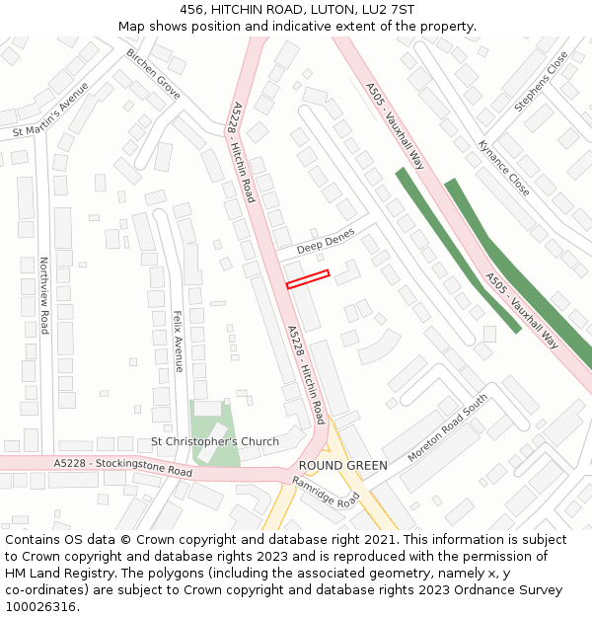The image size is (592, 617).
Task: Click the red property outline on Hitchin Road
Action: (x=307, y=279)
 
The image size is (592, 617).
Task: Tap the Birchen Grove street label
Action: (x=153, y=74)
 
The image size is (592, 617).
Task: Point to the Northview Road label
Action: (x=43, y=295)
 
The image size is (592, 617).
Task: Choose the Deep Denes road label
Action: (x=326, y=240)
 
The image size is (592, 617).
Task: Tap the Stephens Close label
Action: (x=542, y=81)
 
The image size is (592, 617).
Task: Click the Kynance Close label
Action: (x=503, y=167)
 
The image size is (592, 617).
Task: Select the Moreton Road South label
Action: (x=447, y=428)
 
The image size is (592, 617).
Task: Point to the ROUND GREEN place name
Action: (x=342, y=465)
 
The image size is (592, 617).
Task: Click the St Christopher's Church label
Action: (x=214, y=441)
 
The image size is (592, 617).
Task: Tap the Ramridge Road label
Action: (x=327, y=492)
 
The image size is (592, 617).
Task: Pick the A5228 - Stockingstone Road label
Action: (x=123, y=467)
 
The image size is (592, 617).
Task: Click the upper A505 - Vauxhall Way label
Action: (x=395, y=125)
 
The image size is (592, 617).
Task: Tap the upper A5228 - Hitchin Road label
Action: (x=243, y=152)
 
